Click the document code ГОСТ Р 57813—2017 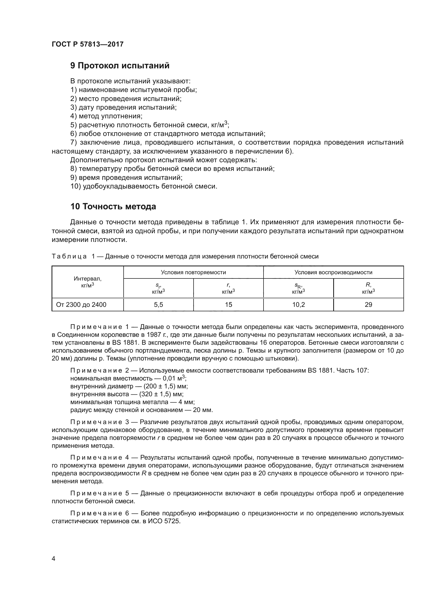pos(88,44)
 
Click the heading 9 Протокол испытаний pos(120,66)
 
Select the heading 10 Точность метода pos(113,206)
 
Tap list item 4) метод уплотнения pos(106,116)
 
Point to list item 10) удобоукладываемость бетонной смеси pos(144,186)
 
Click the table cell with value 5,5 pos(158,304)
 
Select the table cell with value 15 pos(229,304)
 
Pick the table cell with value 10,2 pos(299,304)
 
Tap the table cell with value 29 pos(368,304)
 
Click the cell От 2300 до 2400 pos(81,304)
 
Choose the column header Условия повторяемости pos(193,272)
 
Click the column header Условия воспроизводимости pos(333,272)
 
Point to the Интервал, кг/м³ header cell pos(88,282)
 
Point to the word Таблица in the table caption pos(69,257)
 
